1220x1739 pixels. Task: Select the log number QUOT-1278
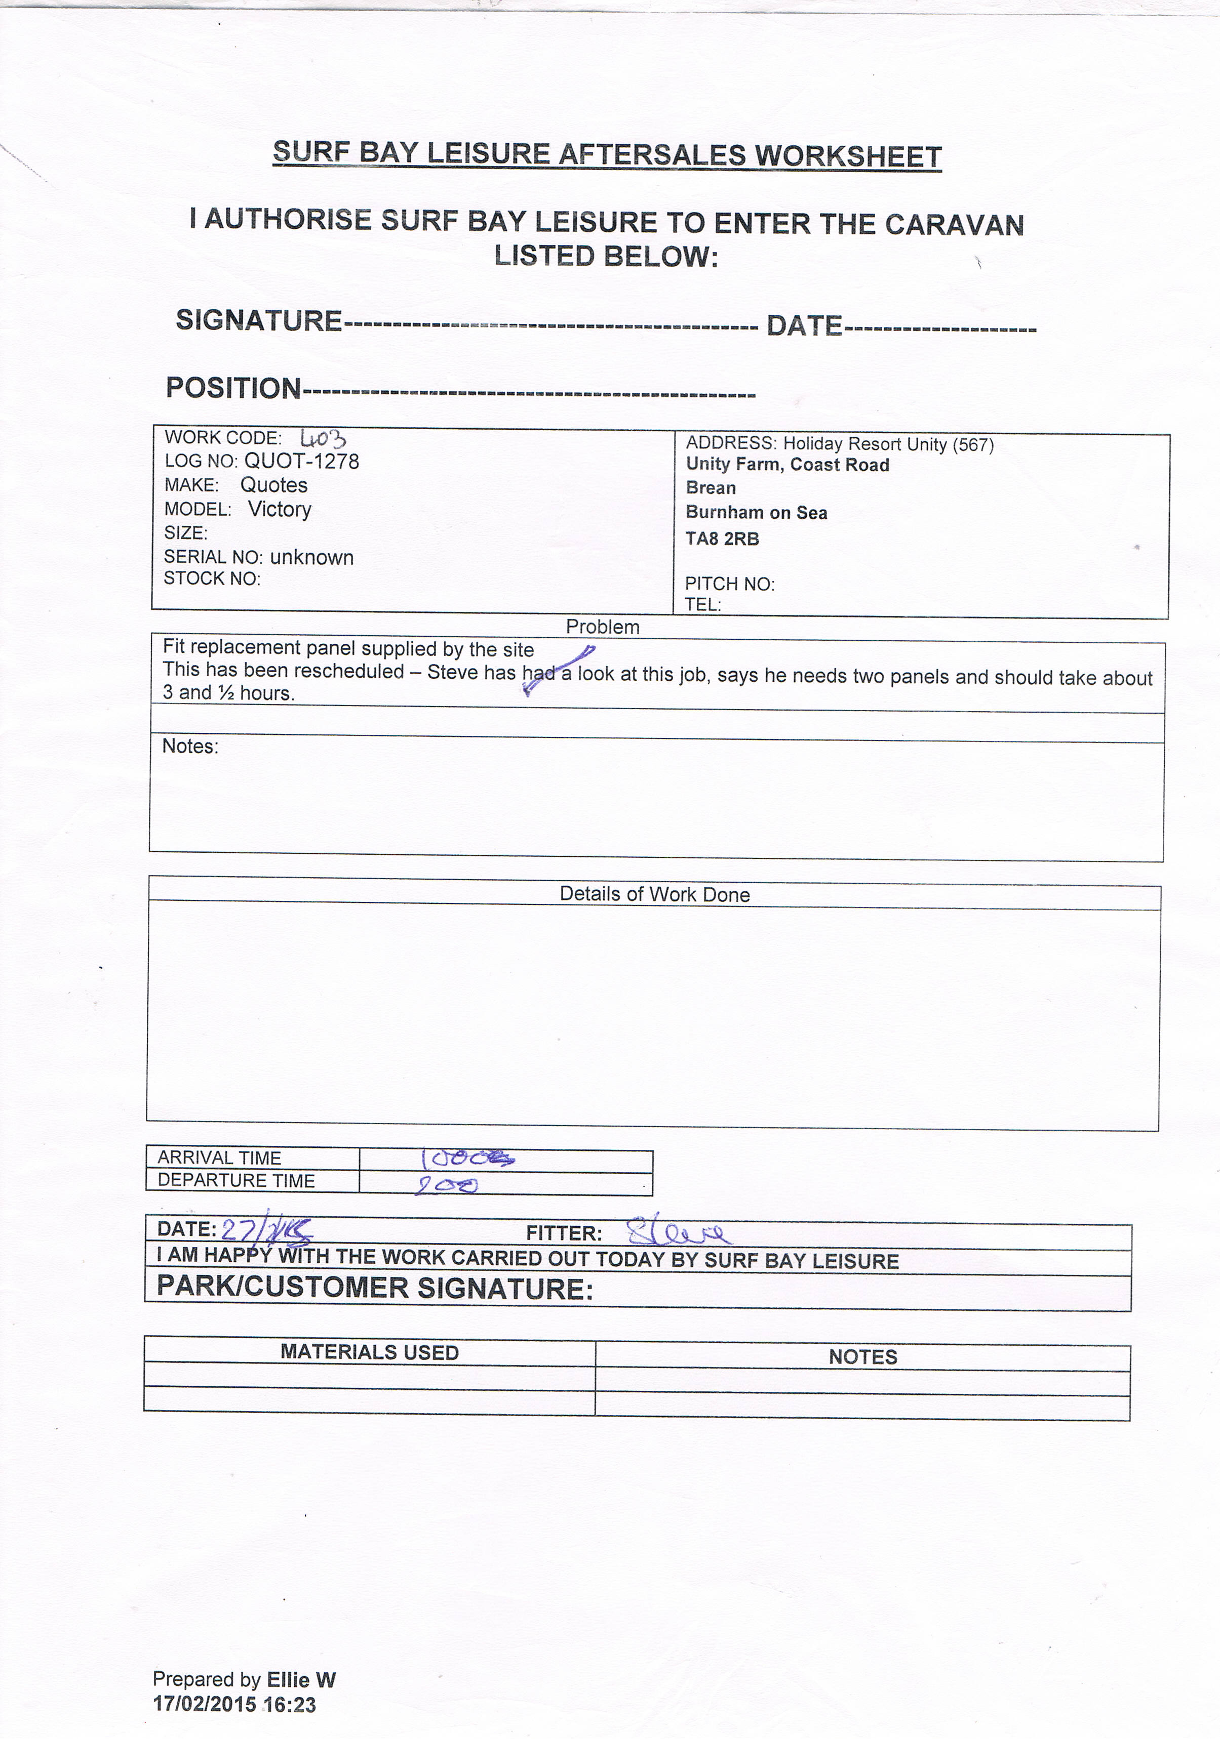(x=302, y=461)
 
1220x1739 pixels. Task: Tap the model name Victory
(x=280, y=509)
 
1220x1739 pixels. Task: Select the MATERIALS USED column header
(x=370, y=1352)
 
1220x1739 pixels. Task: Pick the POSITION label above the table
(x=233, y=388)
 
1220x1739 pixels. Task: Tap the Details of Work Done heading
(x=655, y=894)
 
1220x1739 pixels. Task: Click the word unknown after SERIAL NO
(x=311, y=557)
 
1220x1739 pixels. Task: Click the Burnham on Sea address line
(x=756, y=513)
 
